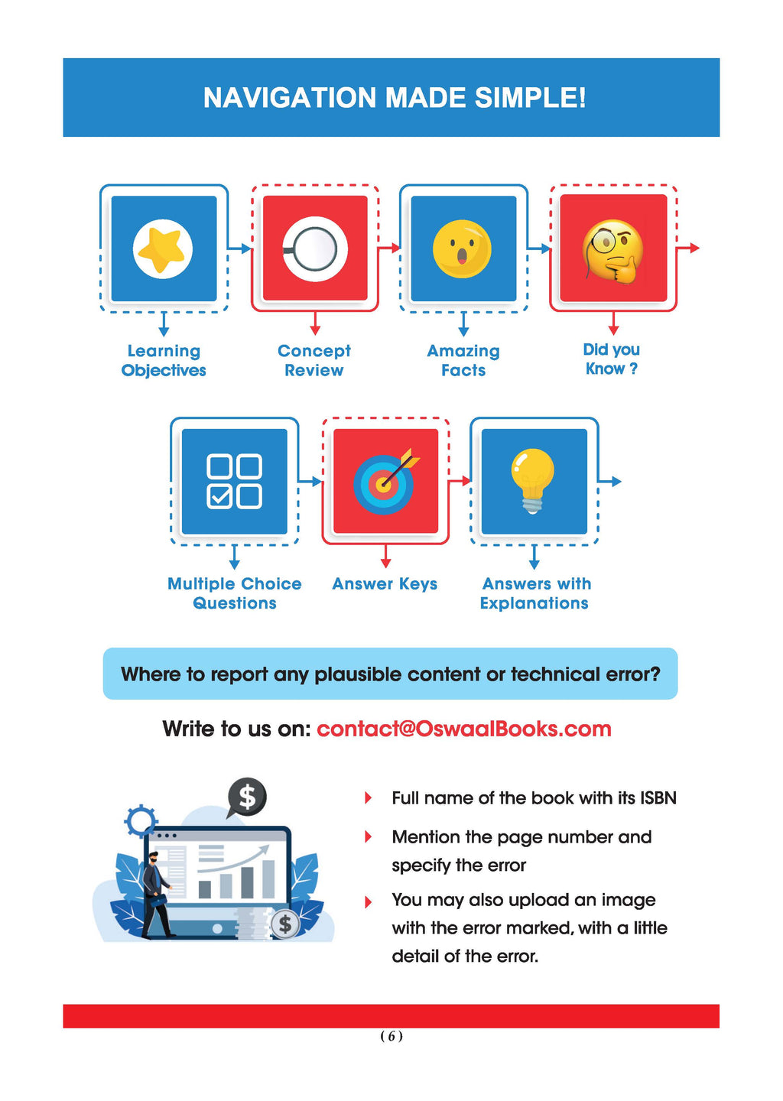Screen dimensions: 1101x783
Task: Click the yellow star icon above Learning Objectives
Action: [x=162, y=248]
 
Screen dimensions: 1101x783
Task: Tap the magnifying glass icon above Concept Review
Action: [x=314, y=248]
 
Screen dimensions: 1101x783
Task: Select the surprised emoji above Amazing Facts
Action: [x=462, y=248]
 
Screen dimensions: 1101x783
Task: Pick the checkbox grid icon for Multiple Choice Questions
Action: [x=234, y=481]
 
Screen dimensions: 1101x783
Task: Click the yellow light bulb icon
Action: [x=533, y=479]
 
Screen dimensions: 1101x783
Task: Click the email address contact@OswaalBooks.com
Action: [x=463, y=729]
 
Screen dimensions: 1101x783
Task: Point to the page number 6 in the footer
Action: [x=391, y=1036]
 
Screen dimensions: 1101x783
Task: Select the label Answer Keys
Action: [x=385, y=584]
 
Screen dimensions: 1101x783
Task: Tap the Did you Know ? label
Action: [x=611, y=359]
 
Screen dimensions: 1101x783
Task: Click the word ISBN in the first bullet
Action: [x=658, y=798]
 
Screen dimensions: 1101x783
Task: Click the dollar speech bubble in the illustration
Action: [x=247, y=797]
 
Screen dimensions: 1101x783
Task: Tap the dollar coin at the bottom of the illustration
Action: [x=284, y=924]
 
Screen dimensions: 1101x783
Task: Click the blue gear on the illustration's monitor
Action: [x=141, y=822]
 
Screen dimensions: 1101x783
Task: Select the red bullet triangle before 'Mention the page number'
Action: [x=368, y=837]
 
